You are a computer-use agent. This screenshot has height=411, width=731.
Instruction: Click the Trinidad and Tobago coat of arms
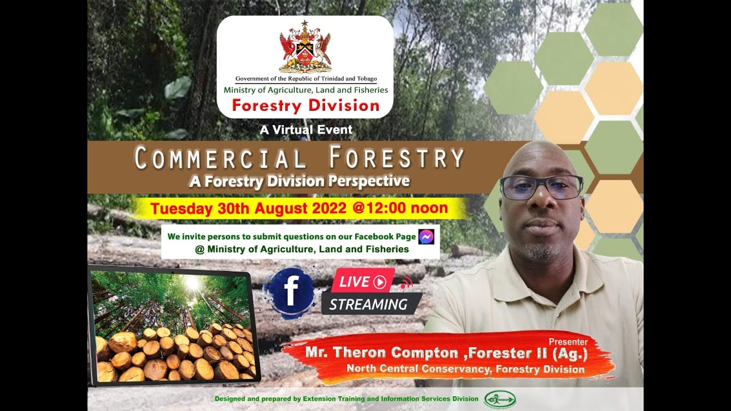click(x=305, y=47)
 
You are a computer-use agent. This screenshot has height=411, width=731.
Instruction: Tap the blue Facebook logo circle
click(x=290, y=291)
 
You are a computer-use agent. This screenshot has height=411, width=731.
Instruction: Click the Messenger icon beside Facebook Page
click(x=426, y=237)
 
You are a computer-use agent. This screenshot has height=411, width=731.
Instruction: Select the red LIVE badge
click(x=363, y=281)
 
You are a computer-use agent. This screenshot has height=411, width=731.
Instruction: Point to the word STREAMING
click(x=368, y=304)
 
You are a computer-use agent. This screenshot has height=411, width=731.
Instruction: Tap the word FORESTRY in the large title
click(x=397, y=158)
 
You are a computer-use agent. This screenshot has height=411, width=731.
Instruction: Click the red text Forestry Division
click(x=306, y=106)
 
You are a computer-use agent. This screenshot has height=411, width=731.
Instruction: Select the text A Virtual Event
click(x=306, y=130)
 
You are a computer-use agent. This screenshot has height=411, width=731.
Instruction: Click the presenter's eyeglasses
click(x=541, y=187)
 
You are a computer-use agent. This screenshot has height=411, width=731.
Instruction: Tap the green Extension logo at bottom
click(x=500, y=399)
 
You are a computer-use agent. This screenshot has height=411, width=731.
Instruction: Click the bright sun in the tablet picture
click(x=192, y=283)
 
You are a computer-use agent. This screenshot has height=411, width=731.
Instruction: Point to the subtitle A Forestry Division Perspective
click(x=299, y=182)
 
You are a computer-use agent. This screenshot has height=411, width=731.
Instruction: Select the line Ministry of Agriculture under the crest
click(x=306, y=90)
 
